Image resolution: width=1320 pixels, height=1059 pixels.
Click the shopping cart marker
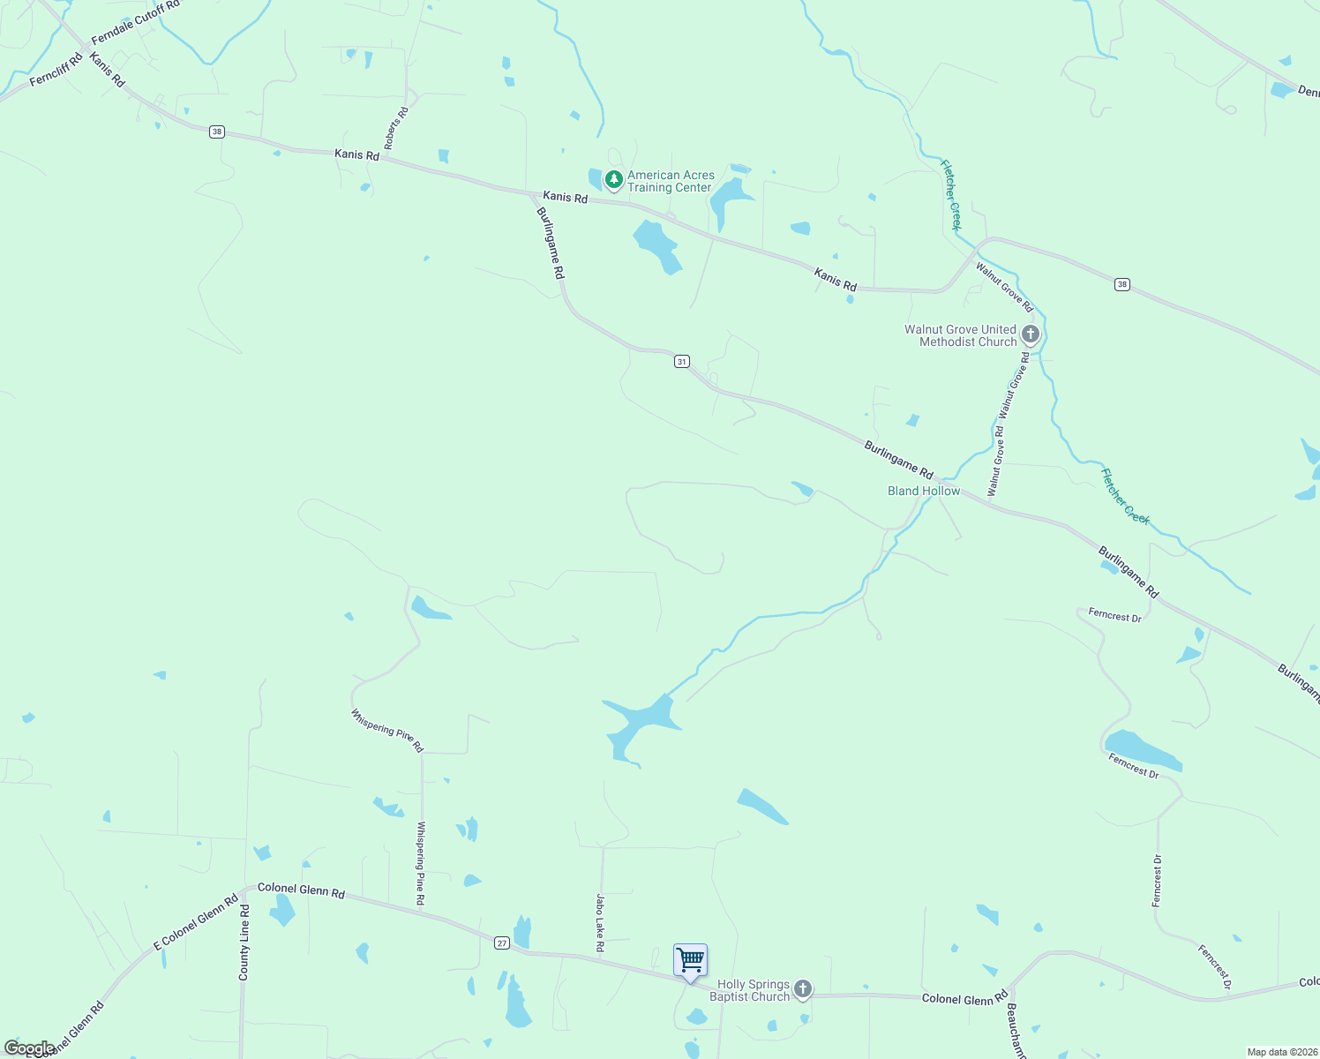point(690,959)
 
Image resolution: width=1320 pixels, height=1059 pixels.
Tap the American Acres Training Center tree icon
point(614,179)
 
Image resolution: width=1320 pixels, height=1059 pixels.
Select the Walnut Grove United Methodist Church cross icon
point(1031,334)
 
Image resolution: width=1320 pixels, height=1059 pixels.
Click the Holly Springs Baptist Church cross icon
point(803,989)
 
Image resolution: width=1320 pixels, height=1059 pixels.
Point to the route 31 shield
point(681,362)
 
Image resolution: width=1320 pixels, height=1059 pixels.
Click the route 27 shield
point(502,943)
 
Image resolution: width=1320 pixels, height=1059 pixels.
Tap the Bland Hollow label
point(924,491)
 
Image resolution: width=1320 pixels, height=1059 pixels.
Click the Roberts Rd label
point(396,128)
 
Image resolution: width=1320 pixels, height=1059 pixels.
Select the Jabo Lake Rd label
point(600,922)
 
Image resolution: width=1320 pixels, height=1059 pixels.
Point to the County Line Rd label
point(244,943)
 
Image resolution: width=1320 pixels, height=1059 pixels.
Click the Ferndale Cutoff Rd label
point(135,23)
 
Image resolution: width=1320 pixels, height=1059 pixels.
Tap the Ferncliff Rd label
point(56,70)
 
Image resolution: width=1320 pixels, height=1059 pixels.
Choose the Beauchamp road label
point(1016,1030)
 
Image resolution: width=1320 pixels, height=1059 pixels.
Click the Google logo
point(29,1048)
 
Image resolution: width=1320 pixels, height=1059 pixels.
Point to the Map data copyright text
point(1281,1052)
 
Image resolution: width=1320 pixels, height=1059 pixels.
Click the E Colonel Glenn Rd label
point(196,922)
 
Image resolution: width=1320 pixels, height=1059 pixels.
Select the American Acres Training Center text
point(671,181)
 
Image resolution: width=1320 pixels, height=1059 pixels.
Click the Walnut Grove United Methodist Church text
point(961,335)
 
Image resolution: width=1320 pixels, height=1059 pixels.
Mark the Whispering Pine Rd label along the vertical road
point(421,863)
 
